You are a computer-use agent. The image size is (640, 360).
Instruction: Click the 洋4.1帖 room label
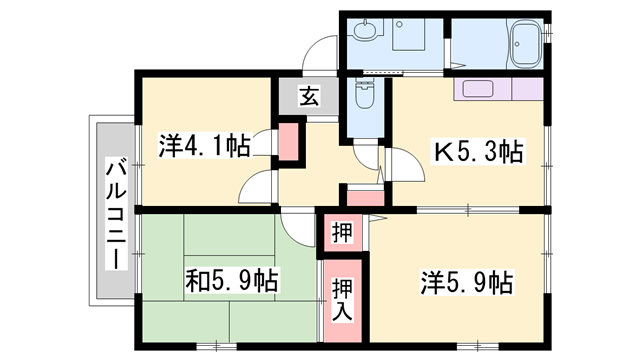pos(204,146)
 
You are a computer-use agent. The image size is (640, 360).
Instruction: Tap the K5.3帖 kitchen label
pos(478,151)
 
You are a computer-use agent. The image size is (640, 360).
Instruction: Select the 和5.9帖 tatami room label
pos(232,281)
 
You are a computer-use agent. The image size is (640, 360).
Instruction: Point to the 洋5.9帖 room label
pos(467,282)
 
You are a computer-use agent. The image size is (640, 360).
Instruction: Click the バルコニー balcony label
pos(116,213)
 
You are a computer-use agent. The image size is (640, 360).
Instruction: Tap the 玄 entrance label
pos(309,96)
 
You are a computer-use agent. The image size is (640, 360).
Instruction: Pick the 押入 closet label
pos(342,300)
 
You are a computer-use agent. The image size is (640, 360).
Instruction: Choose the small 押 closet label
pos(342,233)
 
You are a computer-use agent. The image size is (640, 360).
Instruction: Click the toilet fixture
pos(364,95)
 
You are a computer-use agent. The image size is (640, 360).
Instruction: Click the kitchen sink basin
pos(478,89)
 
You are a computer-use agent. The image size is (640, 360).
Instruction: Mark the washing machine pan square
pos(409,34)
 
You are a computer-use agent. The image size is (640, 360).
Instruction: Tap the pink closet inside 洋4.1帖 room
pos(289,141)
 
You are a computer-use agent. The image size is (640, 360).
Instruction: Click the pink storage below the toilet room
pos(365,198)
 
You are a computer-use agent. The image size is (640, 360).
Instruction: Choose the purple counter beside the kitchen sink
pos(527,89)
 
